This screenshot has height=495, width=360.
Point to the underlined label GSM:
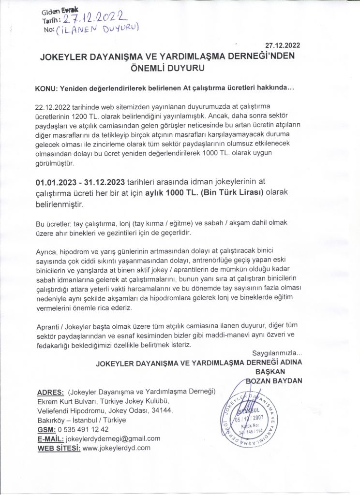[46, 429]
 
